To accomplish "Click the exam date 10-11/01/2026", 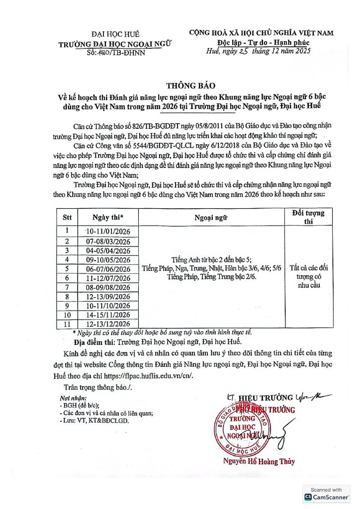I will [x=107, y=232].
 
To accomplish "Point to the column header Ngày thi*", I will [x=107, y=217].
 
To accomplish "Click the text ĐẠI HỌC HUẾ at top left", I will [x=114, y=34].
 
